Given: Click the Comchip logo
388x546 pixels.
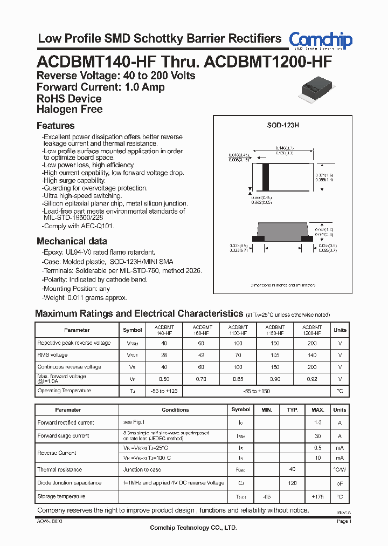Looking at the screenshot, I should point(320,40).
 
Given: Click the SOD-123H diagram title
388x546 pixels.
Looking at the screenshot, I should point(283,125).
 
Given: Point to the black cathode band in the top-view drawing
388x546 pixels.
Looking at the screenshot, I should point(265,176).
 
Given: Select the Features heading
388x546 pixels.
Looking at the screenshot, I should point(56,126).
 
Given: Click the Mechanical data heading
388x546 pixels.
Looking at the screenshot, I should point(72,241).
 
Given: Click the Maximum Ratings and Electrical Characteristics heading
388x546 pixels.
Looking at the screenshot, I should point(139,313).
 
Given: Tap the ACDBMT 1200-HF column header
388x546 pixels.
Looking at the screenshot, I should point(312,330).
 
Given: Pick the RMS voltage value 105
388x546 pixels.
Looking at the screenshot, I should point(275,355).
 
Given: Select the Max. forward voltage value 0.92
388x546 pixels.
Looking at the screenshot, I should point(312,379).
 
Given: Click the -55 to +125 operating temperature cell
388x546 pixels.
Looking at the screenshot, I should point(164,391).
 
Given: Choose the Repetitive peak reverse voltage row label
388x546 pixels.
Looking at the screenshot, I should point(74,343).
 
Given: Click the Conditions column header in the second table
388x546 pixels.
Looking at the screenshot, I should point(175,410).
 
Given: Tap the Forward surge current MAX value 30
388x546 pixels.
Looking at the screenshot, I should point(318,436).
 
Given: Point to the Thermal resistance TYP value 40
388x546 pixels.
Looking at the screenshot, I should point(292,470).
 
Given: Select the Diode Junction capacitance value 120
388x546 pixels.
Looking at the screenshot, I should point(292,483).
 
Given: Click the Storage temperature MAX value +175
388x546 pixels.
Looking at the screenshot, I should point(318,496).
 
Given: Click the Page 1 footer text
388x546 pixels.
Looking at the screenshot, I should point(344,522).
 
